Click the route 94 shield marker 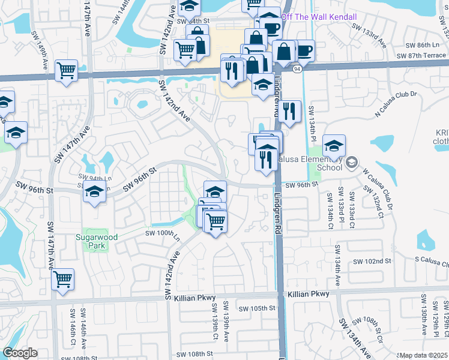[x=297, y=69]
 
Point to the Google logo [x=20, y=353]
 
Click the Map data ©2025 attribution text [x=424, y=355]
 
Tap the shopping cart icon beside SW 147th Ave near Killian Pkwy [x=62, y=278]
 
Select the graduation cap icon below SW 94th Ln [x=95, y=192]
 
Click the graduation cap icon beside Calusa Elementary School [x=334, y=145]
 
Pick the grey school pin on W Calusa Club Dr [x=352, y=161]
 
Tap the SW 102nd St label [x=372, y=262]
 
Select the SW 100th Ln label [x=163, y=233]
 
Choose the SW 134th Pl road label [x=312, y=124]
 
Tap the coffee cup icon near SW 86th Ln [x=304, y=50]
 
